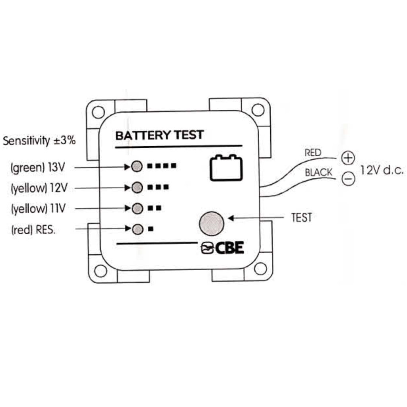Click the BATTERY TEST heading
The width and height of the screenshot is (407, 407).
point(159,135)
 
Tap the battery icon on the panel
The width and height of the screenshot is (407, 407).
point(226,168)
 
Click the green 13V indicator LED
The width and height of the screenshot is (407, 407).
point(137,167)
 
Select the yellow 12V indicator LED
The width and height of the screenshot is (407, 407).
point(137,187)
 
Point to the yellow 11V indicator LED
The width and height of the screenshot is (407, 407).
point(137,208)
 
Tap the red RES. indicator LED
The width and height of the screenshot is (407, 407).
point(137,229)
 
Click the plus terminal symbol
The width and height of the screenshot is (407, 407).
point(348,158)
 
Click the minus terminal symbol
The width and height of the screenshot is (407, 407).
point(348,179)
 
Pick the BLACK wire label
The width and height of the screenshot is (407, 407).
point(318,173)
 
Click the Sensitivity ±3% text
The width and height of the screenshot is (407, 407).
point(39,141)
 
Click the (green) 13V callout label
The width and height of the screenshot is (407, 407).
point(37,167)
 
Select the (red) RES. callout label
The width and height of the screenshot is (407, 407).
point(33,230)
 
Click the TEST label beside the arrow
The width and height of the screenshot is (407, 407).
point(301,217)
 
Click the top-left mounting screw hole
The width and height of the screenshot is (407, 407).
point(98,112)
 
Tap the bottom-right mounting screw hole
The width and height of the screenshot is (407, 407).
point(260,268)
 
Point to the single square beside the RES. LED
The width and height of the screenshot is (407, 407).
point(151,229)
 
